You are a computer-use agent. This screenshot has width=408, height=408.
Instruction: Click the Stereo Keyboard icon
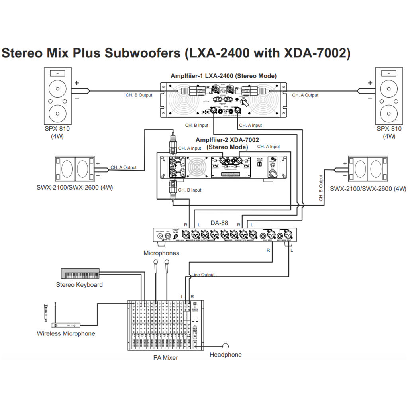tap(80, 273)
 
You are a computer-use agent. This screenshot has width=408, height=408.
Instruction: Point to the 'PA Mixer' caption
tap(166, 357)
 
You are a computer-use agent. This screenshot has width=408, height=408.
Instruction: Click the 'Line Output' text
tap(203, 275)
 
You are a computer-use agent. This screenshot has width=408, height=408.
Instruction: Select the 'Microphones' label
tap(161, 253)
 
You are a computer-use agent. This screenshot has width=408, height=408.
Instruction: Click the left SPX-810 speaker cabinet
tap(58, 96)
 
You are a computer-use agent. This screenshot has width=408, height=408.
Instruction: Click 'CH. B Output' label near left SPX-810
tap(139, 95)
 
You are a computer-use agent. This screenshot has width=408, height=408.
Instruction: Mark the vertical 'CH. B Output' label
tap(321, 188)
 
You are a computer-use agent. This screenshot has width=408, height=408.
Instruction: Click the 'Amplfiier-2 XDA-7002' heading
tap(227, 140)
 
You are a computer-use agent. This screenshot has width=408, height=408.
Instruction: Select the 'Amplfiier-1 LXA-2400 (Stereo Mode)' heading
tap(224, 76)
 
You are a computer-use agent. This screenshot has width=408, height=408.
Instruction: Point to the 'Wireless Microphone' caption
tap(66, 333)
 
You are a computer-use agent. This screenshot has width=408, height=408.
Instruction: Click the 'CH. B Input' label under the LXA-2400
tap(197, 125)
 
